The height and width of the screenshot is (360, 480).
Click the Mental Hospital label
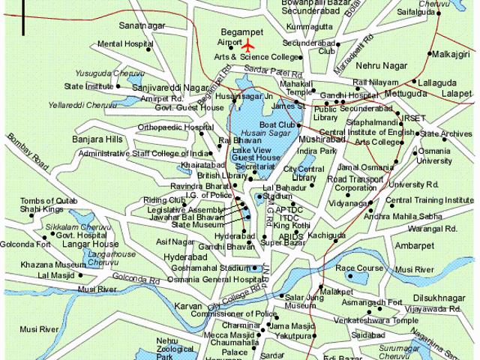click(121, 44)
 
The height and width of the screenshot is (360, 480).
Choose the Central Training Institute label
click(429, 200)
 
